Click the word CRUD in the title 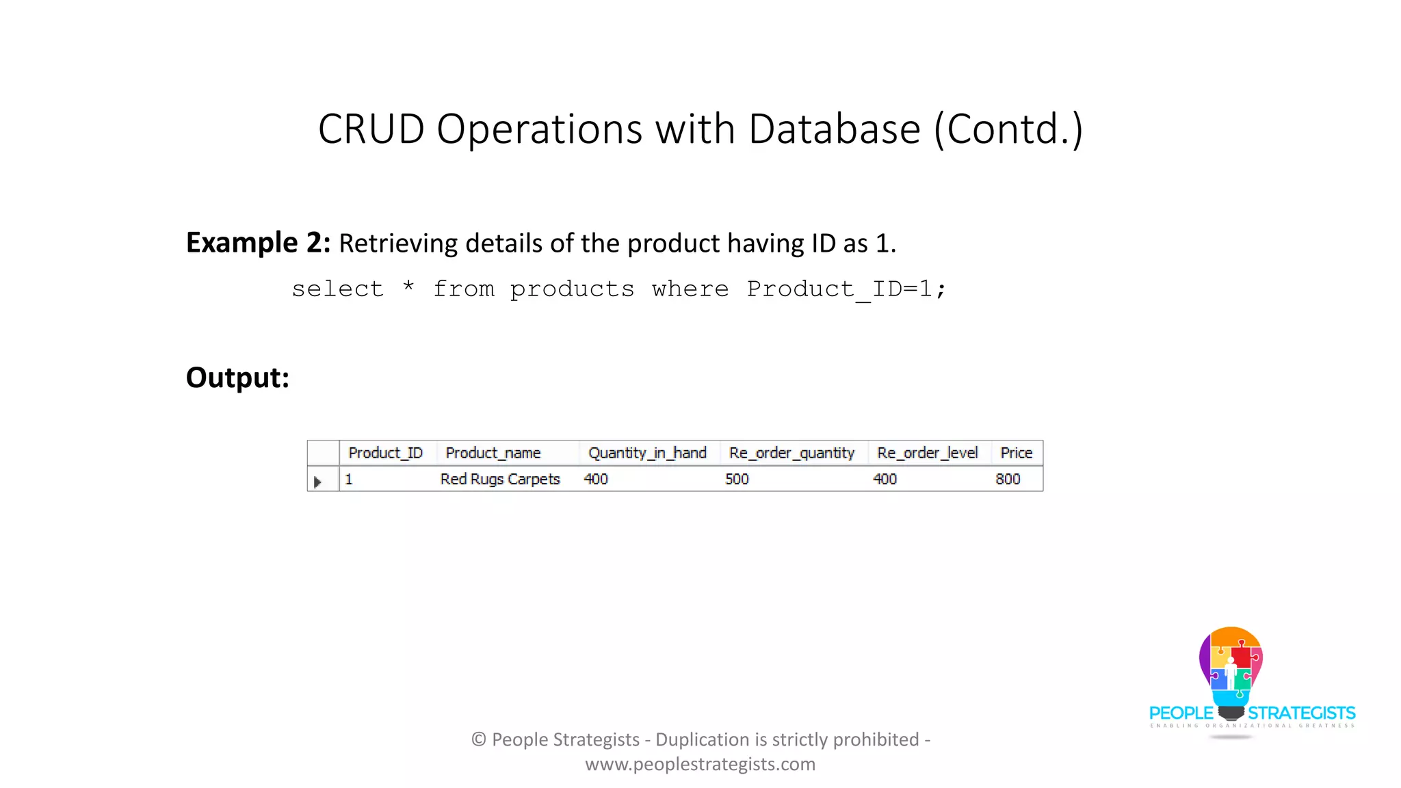[x=371, y=129]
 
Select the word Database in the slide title [x=835, y=129]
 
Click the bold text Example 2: [x=258, y=243]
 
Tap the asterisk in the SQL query [x=408, y=287]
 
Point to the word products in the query [x=572, y=289]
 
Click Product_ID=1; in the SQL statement [x=846, y=289]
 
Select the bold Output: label [x=237, y=378]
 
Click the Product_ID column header [x=385, y=453]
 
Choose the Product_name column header [x=493, y=453]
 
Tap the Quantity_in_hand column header [x=647, y=453]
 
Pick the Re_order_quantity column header [x=791, y=453]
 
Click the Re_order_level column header [x=927, y=453]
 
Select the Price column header [x=1016, y=453]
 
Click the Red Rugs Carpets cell [x=500, y=479]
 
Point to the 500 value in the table [x=737, y=479]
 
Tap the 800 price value [x=1008, y=479]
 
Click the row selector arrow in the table [x=317, y=482]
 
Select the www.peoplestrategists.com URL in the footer [x=700, y=764]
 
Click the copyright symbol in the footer [x=479, y=739]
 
